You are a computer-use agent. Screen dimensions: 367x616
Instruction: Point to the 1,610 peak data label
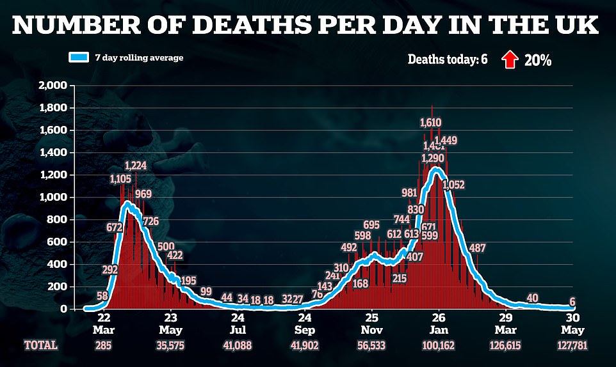431,122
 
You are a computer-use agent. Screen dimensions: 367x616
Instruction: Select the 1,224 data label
136,165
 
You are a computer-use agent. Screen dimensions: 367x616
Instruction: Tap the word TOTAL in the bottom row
42,345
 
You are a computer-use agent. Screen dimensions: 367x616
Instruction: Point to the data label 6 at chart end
572,302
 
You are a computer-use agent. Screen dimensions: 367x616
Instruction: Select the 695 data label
371,224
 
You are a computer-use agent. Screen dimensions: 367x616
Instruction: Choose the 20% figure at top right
538,60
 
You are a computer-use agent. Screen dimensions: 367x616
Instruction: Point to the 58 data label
102,296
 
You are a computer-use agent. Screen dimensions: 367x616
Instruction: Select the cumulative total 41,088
238,345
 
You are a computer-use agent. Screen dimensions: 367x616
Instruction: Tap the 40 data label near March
531,298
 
